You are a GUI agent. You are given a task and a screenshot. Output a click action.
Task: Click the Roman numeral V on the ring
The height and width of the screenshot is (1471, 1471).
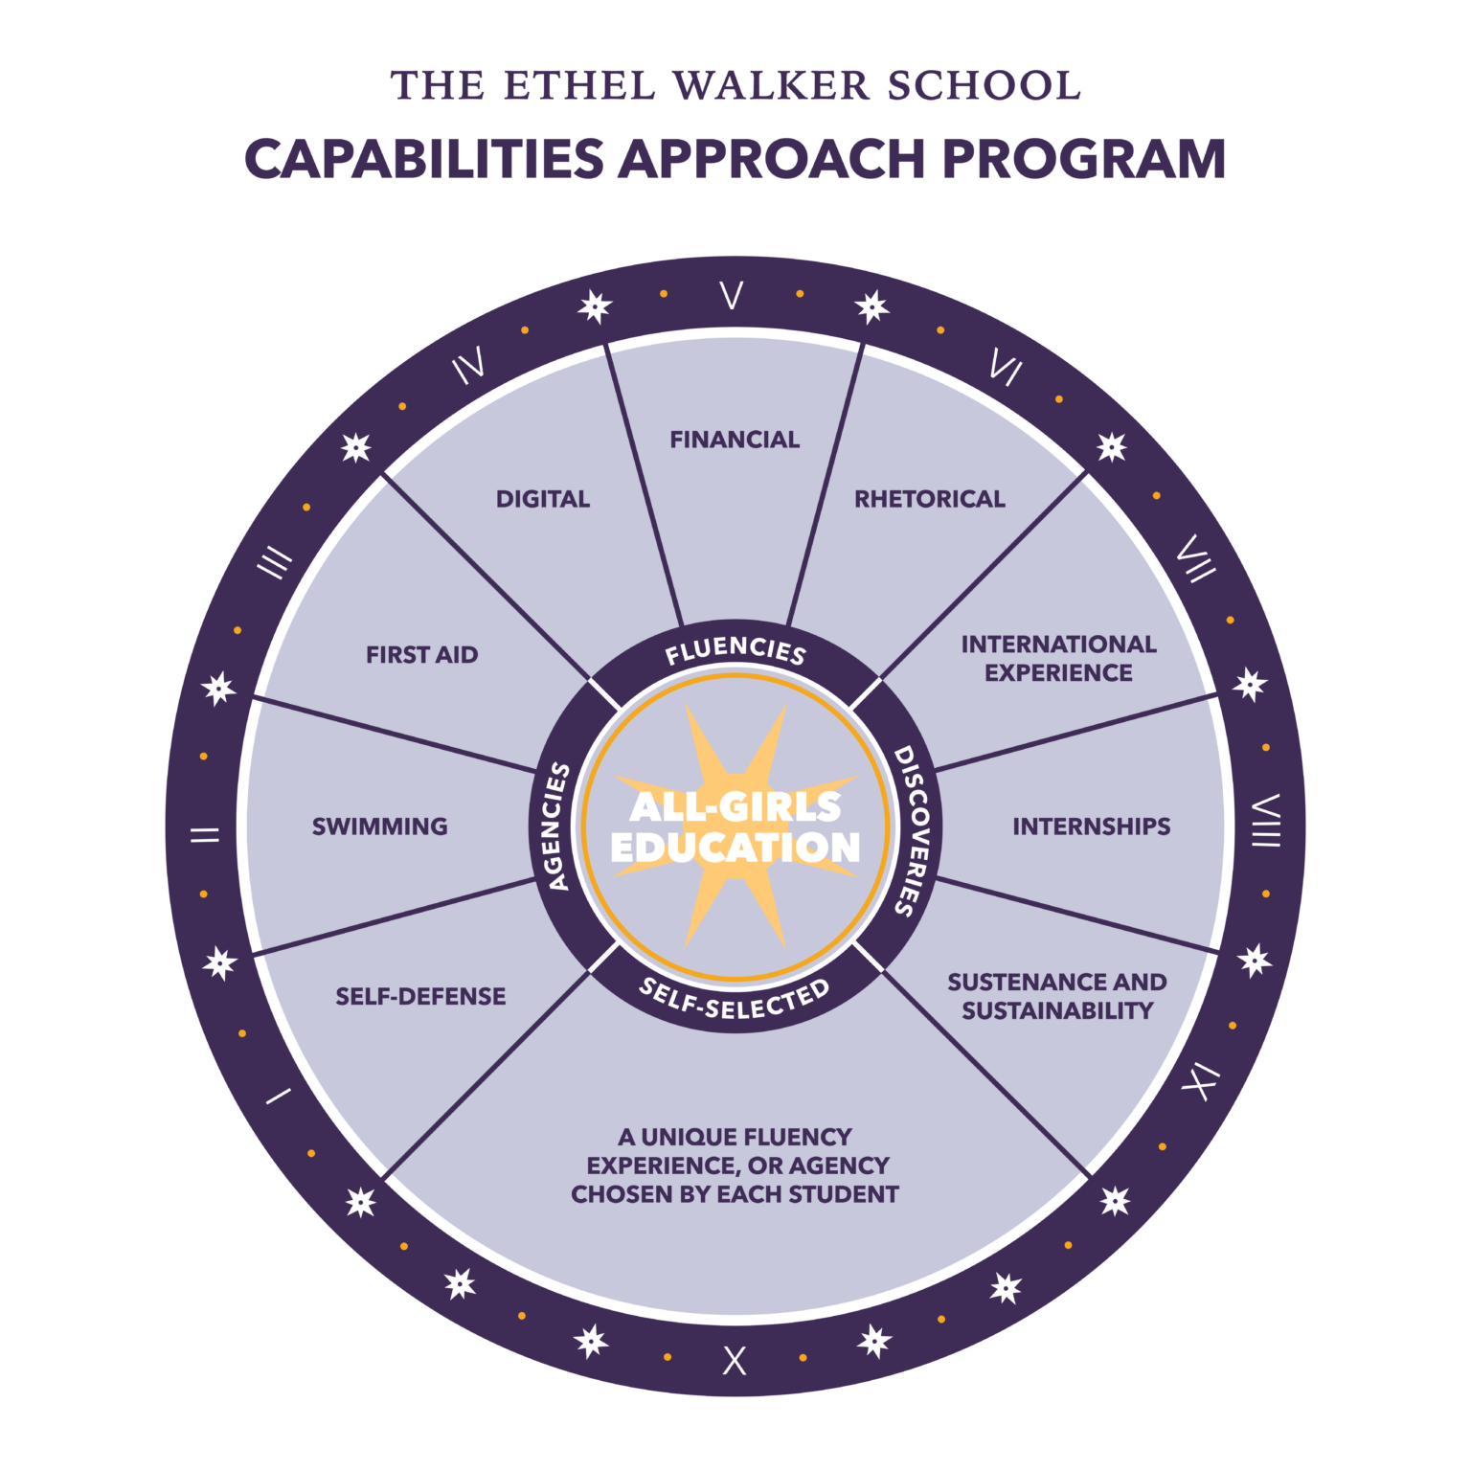[732, 295]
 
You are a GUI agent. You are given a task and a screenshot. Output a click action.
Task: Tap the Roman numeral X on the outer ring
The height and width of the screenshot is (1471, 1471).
[735, 1361]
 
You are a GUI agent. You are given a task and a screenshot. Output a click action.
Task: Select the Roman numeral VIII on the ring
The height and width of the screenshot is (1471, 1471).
[1266, 821]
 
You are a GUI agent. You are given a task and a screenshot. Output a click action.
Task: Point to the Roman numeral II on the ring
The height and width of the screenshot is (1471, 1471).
[204, 834]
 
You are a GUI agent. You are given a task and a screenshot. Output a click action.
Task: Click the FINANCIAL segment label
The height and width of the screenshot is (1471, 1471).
[735, 440]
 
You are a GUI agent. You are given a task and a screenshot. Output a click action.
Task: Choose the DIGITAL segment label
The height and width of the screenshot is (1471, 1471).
[543, 499]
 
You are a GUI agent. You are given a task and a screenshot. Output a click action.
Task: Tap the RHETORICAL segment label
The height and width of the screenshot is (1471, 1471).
[929, 499]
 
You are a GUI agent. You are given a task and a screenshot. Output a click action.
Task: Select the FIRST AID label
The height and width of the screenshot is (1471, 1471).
[421, 655]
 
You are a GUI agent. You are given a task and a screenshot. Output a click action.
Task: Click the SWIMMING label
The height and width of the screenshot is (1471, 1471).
[380, 826]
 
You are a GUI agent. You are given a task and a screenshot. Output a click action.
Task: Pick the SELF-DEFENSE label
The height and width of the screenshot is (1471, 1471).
[420, 996]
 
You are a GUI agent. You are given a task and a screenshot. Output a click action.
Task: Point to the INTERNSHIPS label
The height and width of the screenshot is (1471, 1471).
[1091, 826]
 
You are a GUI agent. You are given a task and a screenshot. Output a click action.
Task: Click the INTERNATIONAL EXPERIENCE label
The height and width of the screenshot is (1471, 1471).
[1058, 659]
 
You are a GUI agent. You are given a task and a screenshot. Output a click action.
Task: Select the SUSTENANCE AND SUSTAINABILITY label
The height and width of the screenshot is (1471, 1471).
[1057, 996]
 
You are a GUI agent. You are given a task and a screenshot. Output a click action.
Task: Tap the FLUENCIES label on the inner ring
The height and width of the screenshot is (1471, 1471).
[735, 651]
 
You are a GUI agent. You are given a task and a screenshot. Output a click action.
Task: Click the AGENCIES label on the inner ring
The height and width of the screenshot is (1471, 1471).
[555, 826]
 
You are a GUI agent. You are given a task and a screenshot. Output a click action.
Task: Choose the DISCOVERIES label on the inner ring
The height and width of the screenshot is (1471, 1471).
[915, 830]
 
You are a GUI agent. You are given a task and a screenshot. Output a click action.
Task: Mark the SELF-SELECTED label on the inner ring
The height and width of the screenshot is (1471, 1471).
[735, 1000]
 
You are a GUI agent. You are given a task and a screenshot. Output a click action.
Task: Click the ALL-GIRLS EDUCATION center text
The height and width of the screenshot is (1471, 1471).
[735, 826]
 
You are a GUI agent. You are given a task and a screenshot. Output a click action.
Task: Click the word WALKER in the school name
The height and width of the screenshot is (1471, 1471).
[772, 86]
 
